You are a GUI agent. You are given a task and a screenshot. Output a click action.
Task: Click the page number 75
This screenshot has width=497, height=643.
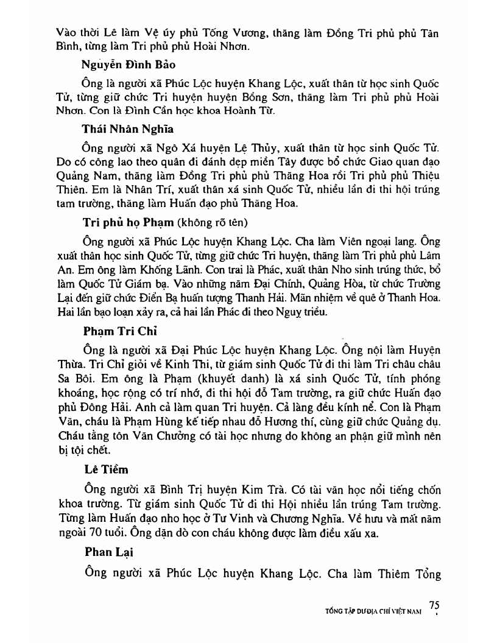[434, 605]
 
